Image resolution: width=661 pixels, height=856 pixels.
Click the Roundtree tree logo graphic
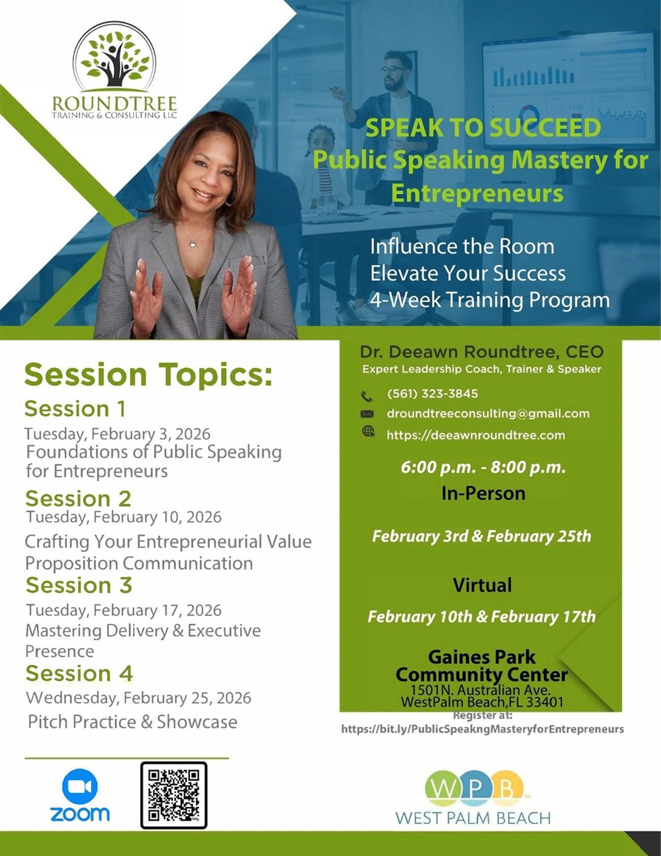pos(114,59)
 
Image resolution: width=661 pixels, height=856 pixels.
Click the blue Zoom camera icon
pos(80,786)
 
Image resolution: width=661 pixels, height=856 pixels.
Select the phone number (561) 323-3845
pos(433,393)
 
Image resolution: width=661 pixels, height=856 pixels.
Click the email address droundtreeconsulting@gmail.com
pos(488,414)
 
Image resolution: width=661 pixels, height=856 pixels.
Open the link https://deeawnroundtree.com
pos(475,435)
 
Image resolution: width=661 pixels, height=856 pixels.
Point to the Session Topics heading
pos(148,375)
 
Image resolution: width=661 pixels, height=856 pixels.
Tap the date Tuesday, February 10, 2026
pos(124,517)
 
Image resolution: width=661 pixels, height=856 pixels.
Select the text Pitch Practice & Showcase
pos(133,722)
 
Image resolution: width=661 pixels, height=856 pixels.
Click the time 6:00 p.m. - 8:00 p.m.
pos(483,467)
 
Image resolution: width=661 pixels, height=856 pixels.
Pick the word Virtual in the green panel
pos(482,585)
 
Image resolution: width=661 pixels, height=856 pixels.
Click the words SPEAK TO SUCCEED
pos(483,128)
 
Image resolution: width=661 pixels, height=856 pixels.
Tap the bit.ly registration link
pos(483,729)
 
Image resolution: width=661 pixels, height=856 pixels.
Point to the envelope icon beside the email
pos(366,414)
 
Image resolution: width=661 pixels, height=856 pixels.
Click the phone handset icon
pos(366,396)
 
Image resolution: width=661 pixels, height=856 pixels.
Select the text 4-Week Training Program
pos(490,300)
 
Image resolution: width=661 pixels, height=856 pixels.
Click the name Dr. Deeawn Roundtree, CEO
pos(482,352)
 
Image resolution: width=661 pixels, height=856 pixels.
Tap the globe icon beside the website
pos(368,432)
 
